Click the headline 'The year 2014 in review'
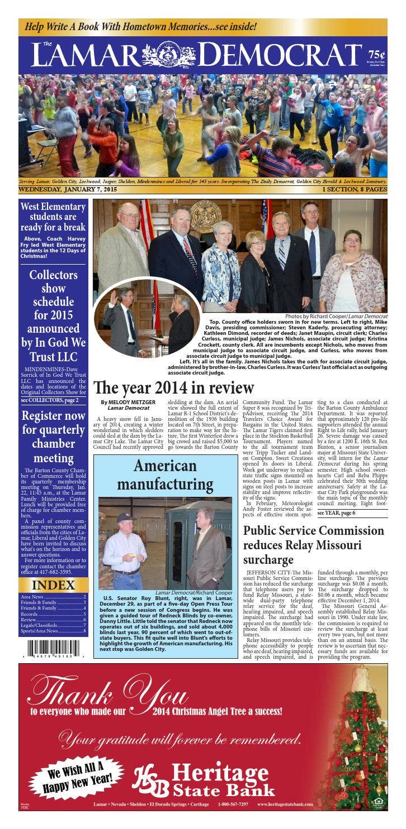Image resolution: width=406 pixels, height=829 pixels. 173,387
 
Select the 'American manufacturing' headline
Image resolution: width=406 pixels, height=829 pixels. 165,475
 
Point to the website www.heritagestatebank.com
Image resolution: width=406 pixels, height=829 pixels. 285,804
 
